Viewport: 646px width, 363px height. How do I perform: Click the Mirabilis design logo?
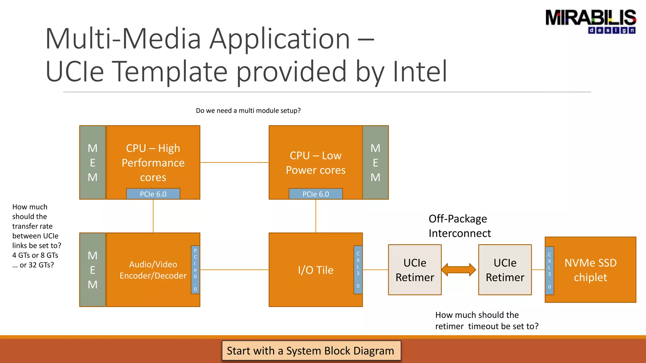click(x=590, y=21)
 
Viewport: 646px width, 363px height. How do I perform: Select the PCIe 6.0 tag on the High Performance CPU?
click(x=153, y=194)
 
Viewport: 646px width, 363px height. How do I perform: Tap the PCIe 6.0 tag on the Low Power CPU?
click(x=315, y=194)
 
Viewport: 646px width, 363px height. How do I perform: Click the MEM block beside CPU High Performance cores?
click(x=92, y=163)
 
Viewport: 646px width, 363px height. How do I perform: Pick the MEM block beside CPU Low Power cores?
click(x=375, y=163)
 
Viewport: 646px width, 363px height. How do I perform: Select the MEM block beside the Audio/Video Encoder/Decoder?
click(x=92, y=270)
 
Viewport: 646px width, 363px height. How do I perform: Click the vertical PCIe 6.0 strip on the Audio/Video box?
click(x=195, y=270)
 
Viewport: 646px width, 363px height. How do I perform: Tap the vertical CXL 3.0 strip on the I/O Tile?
click(x=358, y=270)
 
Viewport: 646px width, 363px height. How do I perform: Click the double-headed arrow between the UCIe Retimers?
click(x=459, y=270)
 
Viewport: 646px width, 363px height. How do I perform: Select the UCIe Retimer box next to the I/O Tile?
click(x=415, y=270)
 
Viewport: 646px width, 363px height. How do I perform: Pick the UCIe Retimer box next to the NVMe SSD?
click(x=505, y=270)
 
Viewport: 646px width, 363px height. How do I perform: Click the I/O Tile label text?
click(x=315, y=270)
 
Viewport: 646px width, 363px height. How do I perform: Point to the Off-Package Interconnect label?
click(x=459, y=226)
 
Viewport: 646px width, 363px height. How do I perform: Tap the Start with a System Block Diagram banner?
click(x=311, y=350)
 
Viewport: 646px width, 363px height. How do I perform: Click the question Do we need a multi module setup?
click(x=248, y=111)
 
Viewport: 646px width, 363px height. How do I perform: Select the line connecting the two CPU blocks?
click(x=234, y=163)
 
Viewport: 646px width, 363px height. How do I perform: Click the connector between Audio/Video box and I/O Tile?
click(x=234, y=270)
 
